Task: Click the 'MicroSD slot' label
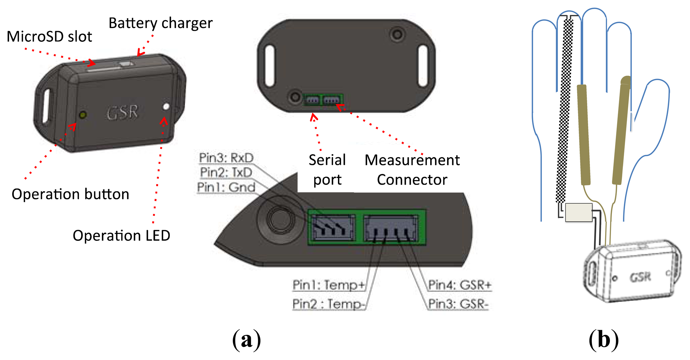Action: (49, 37)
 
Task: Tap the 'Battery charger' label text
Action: (160, 23)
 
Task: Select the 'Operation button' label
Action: (70, 194)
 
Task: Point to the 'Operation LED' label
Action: (121, 236)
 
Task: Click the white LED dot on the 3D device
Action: (166, 107)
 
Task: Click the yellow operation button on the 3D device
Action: (83, 115)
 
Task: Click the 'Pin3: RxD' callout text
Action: (226, 158)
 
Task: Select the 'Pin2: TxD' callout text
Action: (226, 173)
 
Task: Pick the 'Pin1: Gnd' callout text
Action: (226, 187)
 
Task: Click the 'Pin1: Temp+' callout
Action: (329, 285)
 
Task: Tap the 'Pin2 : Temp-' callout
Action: (329, 304)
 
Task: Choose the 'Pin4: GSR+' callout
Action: (460, 285)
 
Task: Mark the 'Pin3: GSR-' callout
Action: (458, 304)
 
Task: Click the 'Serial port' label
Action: (327, 170)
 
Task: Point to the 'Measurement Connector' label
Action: (412, 170)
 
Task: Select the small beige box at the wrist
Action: (579, 212)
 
